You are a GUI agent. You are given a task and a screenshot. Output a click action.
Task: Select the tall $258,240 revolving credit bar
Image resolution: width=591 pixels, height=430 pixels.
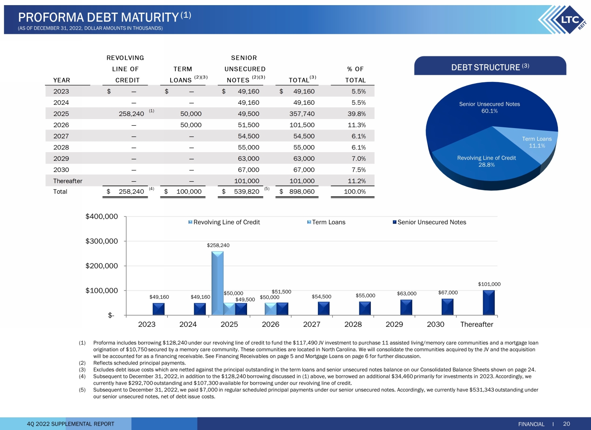217,283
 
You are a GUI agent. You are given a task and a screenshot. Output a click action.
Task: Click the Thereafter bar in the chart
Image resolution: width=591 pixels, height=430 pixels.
489,303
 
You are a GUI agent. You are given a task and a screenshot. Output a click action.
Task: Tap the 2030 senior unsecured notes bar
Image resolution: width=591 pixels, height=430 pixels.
448,307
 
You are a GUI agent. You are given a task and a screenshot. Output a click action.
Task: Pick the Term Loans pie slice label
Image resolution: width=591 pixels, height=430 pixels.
537,142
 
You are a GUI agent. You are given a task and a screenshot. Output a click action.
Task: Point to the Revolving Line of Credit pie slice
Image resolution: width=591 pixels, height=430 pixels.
486,162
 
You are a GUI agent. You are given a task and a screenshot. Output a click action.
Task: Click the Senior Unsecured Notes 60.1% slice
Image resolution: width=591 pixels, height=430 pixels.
489,107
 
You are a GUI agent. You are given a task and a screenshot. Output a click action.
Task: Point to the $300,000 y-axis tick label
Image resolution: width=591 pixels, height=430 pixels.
102,241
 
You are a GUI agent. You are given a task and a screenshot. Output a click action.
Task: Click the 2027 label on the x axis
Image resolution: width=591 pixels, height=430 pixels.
312,324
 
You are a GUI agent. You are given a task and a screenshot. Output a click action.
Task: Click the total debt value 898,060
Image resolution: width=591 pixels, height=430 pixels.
302,192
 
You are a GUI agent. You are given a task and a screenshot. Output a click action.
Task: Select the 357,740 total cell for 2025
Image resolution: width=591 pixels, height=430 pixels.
302,114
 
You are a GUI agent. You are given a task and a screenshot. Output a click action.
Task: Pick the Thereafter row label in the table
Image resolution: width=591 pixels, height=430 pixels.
68,181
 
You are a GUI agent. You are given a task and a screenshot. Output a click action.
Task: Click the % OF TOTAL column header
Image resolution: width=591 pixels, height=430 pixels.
355,74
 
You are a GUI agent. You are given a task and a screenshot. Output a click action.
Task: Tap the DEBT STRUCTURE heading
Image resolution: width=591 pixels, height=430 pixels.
490,67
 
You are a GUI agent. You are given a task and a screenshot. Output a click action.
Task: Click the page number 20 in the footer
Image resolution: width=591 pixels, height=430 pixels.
567,424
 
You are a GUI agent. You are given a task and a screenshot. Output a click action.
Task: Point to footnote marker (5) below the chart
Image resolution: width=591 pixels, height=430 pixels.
82,390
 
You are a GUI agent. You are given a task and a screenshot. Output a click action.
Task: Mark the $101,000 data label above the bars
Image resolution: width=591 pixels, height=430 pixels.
489,284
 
